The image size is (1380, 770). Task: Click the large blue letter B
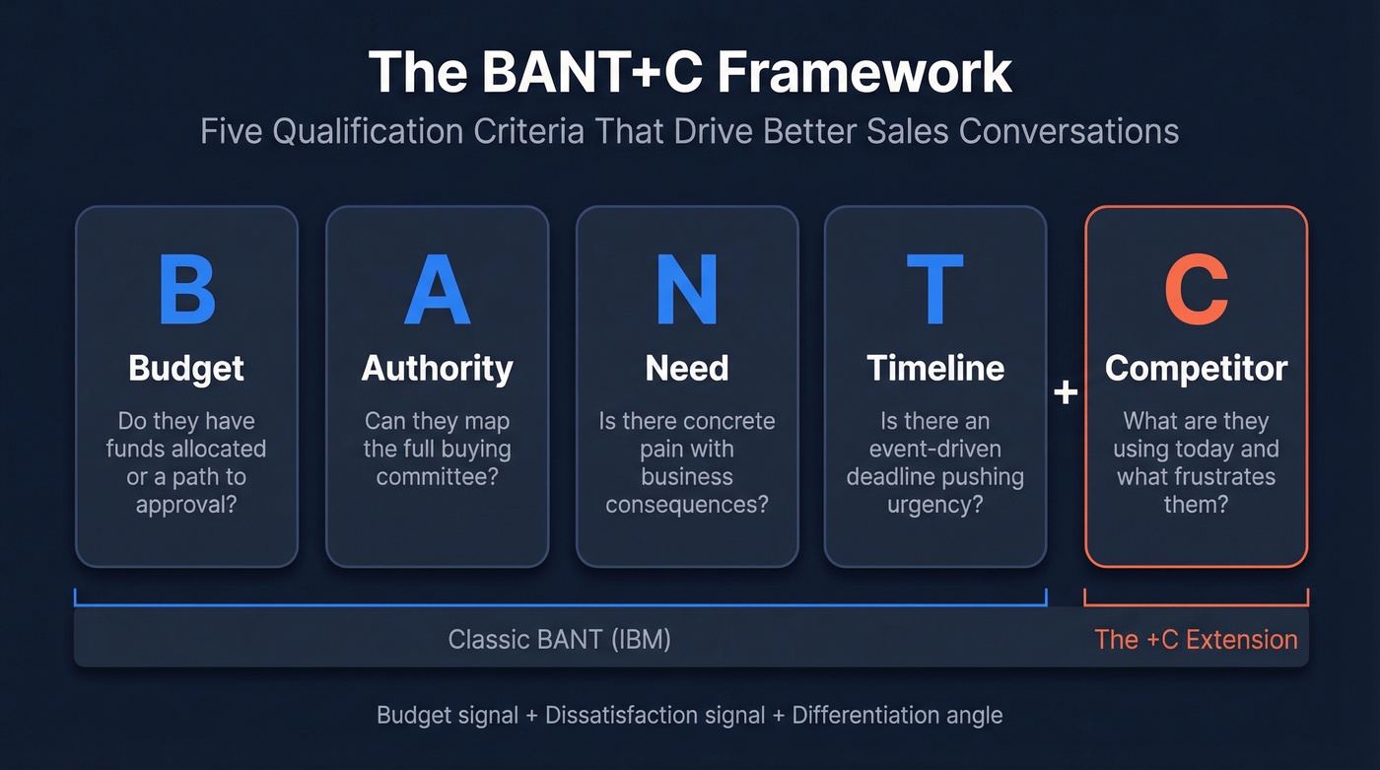point(186,289)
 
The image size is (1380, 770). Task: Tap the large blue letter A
point(437,289)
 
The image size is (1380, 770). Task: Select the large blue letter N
point(687,289)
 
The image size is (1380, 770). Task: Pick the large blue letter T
point(934,289)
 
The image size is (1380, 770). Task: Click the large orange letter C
point(1196,289)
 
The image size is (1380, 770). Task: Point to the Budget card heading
point(186,369)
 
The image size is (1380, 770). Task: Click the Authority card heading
point(437,369)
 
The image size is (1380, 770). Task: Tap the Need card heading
point(687,369)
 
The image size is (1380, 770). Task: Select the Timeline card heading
point(934,369)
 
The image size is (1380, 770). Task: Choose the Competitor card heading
point(1196,369)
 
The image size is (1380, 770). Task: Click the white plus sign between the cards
point(1065,392)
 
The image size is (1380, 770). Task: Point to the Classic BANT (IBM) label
point(559,639)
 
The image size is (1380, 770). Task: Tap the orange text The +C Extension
point(1196,639)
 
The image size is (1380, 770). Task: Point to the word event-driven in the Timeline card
point(934,450)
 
